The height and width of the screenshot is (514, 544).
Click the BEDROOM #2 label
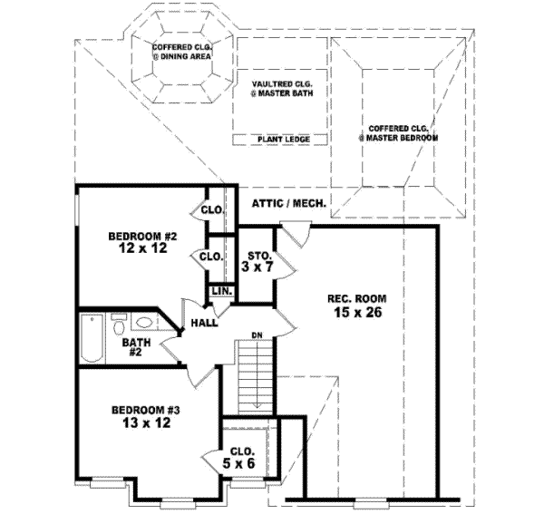tap(141, 238)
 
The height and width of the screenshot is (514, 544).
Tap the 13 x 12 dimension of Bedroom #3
tap(141, 422)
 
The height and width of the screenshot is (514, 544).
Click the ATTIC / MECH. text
tap(289, 204)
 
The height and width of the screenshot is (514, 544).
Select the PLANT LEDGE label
tap(283, 139)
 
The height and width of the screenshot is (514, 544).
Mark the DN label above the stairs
tap(257, 336)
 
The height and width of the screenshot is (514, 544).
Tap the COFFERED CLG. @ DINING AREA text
tap(182, 52)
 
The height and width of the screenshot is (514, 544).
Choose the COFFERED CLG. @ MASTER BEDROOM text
tap(398, 133)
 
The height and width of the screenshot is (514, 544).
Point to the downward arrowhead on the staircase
tap(257, 404)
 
